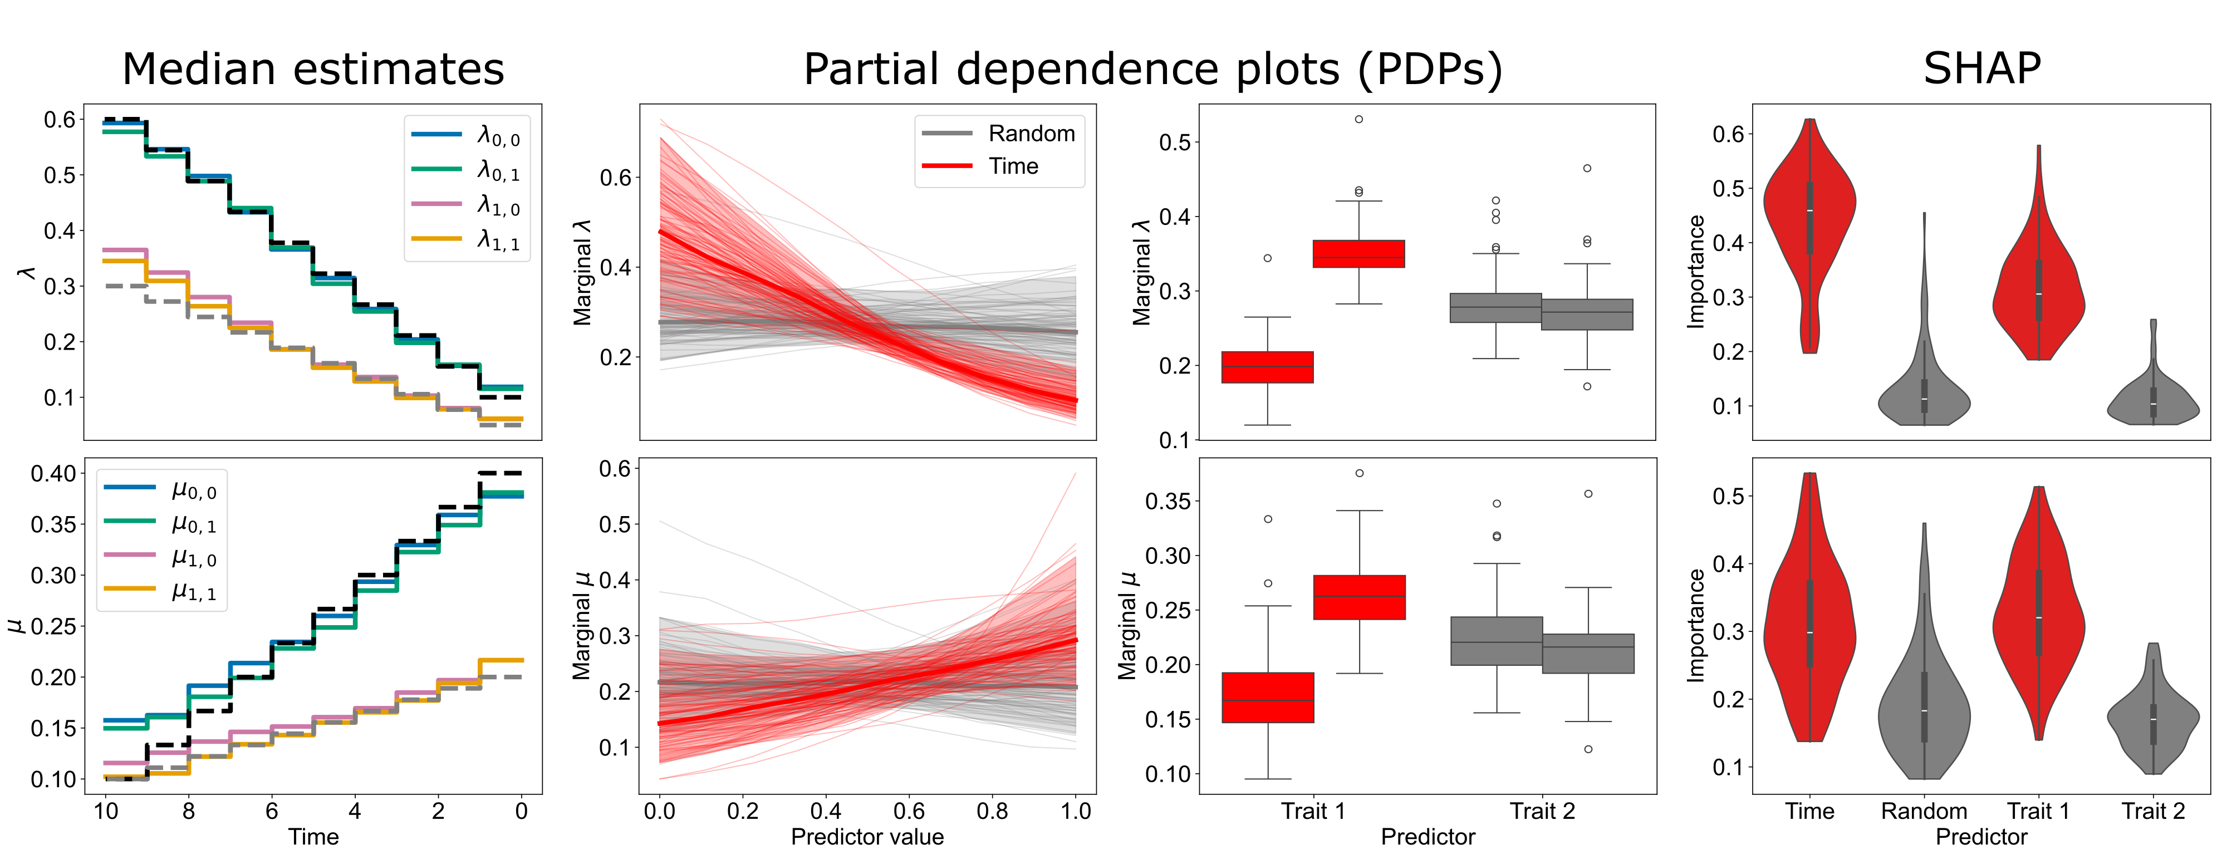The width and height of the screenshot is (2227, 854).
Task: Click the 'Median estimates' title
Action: point(313,69)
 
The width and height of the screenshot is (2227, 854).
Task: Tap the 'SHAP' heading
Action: point(1981,69)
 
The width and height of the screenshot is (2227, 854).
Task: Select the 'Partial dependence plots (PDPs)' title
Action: point(1152,69)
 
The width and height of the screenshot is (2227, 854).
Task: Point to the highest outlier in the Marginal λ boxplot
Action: point(1359,119)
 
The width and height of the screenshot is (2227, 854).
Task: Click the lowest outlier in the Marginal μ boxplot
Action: point(1588,749)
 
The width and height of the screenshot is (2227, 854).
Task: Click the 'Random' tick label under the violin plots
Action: point(1924,811)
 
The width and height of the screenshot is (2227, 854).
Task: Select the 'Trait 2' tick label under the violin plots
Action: point(2152,811)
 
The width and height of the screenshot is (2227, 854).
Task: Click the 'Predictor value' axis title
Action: point(867,837)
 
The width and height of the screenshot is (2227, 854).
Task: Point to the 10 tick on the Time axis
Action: point(105,811)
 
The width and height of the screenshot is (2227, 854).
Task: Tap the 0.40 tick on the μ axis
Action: point(53,474)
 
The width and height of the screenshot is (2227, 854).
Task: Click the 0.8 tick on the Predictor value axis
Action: point(993,811)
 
